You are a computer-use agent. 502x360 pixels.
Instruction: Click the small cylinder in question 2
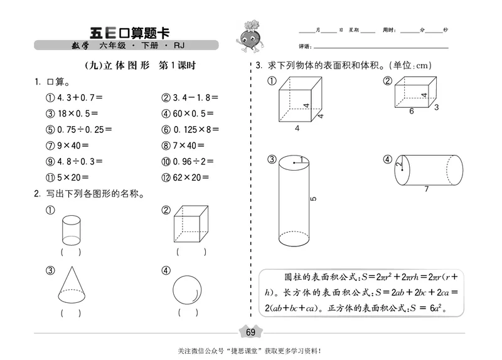pos(71,230)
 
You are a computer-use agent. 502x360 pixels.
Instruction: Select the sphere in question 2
pos(188,290)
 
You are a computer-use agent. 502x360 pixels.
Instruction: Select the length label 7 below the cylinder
pos(426,189)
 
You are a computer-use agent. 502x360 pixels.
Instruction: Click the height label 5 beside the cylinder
pos(314,199)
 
